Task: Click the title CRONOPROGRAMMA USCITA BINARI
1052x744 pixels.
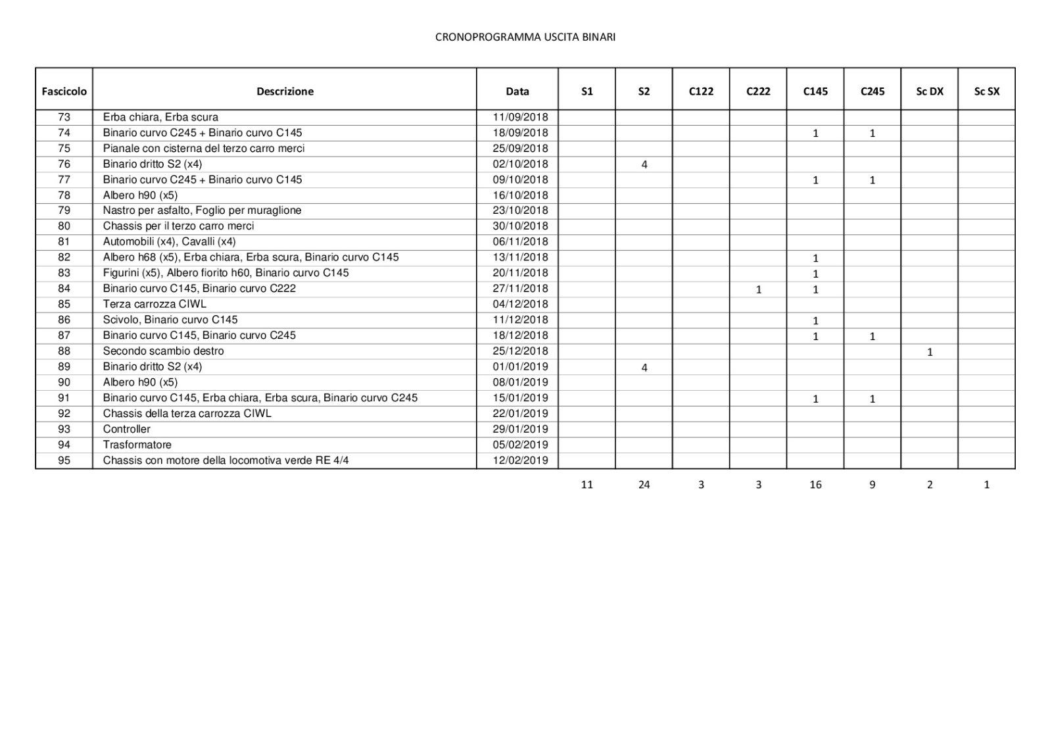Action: (x=525, y=37)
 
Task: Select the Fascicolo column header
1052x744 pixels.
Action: (x=64, y=91)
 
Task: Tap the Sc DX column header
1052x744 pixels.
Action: (x=929, y=91)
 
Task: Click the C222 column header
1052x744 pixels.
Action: (x=757, y=91)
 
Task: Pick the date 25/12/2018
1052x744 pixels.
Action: (x=520, y=351)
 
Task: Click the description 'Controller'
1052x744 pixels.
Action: (x=126, y=429)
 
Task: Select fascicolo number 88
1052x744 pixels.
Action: (x=64, y=351)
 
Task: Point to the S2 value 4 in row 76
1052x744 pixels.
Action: (x=644, y=164)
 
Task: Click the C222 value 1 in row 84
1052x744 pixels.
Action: (x=758, y=289)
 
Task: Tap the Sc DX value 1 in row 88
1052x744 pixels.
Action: (x=929, y=352)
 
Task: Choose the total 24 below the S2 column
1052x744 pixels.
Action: (x=644, y=484)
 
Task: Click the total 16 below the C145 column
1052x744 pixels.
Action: (x=815, y=484)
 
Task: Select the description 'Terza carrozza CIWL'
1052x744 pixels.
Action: (x=155, y=304)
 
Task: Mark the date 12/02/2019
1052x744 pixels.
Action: (x=520, y=460)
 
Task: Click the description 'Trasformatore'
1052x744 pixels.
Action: (x=137, y=445)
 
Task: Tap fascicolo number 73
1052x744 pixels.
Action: (x=64, y=117)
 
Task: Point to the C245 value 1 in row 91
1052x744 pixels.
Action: (x=872, y=399)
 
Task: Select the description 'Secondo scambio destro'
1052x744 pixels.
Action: (x=163, y=351)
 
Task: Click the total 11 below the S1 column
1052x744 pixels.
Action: (x=586, y=484)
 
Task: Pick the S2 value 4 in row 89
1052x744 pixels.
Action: (x=644, y=368)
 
